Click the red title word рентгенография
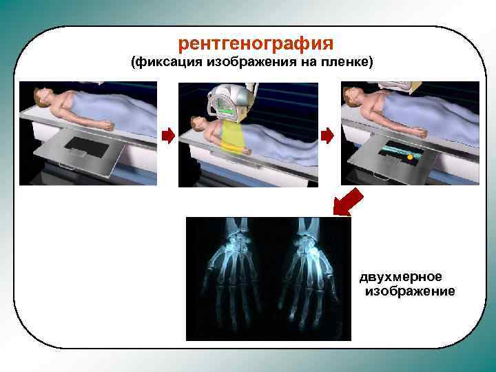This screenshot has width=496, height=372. pyautogui.click(x=256, y=43)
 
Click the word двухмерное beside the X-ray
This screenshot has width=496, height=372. pyautogui.click(x=400, y=277)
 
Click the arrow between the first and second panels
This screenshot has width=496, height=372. pyautogui.click(x=167, y=136)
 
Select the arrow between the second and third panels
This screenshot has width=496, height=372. pyautogui.click(x=327, y=136)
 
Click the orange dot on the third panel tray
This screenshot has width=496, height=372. pyautogui.click(x=410, y=158)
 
